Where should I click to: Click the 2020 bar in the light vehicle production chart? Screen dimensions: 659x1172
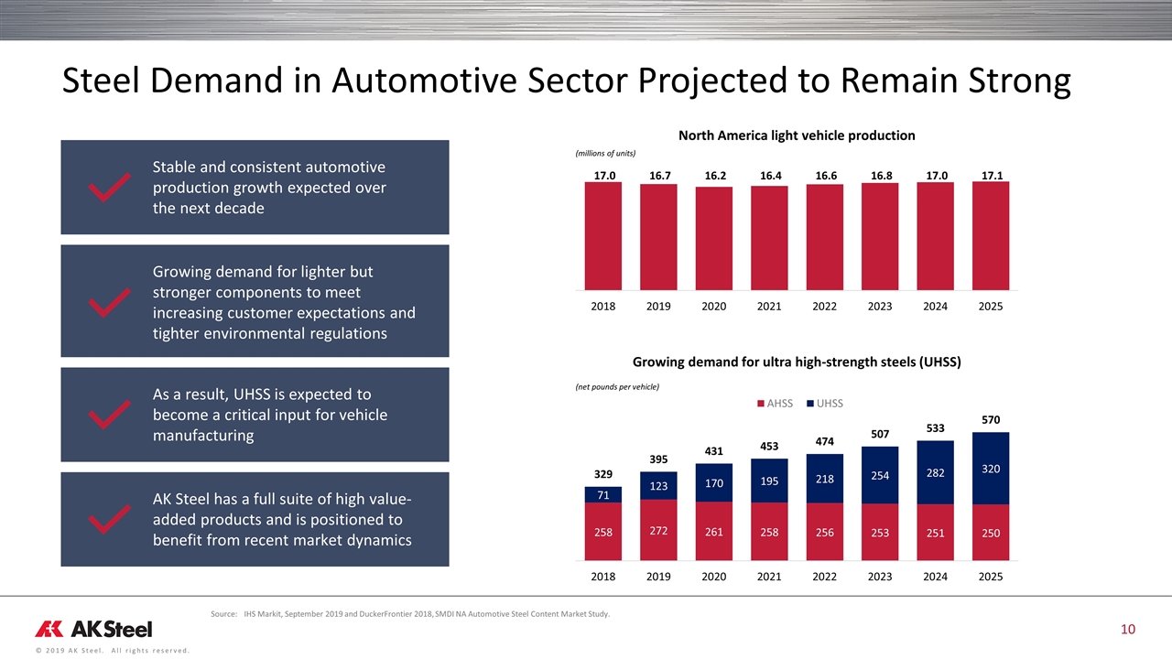[714, 237]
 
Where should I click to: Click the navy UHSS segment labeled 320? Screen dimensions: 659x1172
[990, 468]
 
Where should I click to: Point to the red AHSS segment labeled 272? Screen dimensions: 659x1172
[658, 529]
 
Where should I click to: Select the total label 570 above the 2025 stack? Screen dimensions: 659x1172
[990, 420]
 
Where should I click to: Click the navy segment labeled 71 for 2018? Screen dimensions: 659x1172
[603, 494]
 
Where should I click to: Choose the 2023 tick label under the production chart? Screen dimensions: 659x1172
[880, 306]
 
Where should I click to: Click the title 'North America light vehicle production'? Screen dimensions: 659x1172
[797, 135]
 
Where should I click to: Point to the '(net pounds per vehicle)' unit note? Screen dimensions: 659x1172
[617, 386]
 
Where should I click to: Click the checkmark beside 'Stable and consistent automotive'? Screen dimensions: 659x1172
[107, 189]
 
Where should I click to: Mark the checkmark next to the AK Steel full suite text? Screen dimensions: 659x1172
[107, 520]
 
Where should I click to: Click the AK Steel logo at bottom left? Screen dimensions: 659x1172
[94, 629]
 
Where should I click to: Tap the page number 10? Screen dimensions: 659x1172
[1128, 629]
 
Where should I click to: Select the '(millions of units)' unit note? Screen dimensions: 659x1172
[605, 153]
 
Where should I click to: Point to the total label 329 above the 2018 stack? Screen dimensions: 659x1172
[603, 476]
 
